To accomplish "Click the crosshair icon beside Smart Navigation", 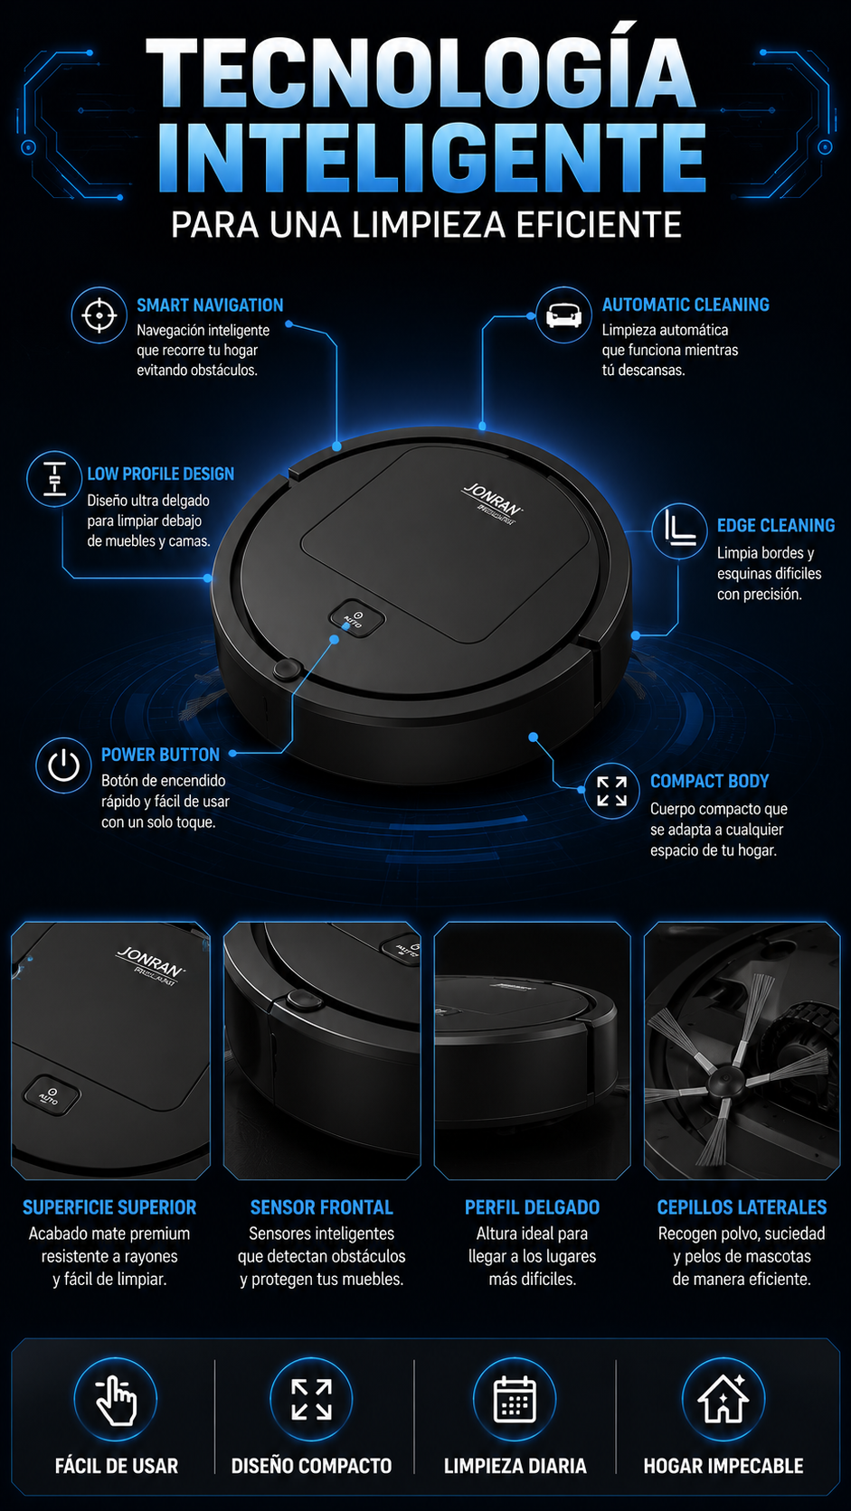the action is point(99,315).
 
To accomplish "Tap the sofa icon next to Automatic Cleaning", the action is point(563,315).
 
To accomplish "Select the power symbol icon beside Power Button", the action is point(63,765).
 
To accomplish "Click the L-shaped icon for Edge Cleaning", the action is point(679,530).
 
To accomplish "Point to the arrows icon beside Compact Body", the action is point(611,791).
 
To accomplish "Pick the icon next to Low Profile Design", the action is point(54,479).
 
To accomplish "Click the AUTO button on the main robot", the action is point(356,617).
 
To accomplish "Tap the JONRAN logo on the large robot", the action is point(493,502).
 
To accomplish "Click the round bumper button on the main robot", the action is point(287,669).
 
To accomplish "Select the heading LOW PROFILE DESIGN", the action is point(161,474).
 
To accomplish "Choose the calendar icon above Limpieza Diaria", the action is point(515,1400).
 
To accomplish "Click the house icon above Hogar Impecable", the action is point(723,1398).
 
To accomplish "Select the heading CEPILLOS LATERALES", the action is point(742,1207).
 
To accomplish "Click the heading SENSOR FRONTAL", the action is point(321,1207).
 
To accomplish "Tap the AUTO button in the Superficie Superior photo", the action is point(52,1094).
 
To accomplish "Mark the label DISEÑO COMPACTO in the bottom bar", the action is point(311,1466).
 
